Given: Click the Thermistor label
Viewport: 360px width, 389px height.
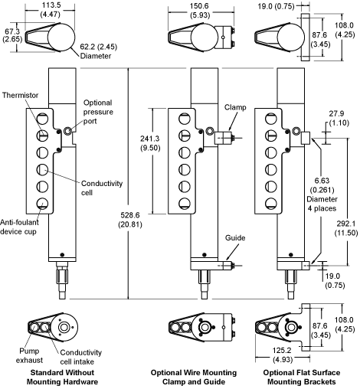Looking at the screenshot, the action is pos(20,95).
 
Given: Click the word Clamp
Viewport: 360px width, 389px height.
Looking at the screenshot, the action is pos(235,107).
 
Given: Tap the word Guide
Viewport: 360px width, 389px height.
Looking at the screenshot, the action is pos(235,238).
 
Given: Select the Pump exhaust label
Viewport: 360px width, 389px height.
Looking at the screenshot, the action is pos(29,355).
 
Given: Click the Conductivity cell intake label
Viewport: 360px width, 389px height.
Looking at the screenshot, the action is pos(80,357).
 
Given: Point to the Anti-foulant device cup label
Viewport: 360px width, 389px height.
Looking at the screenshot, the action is pos(19,227).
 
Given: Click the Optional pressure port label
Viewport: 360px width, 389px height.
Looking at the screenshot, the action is pos(98,112).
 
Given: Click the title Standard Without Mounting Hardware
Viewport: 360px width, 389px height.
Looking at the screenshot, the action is pos(62,377).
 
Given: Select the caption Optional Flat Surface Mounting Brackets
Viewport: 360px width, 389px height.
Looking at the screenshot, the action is pos(302,377).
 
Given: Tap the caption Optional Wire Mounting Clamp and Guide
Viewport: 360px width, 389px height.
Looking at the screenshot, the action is pos(194,377).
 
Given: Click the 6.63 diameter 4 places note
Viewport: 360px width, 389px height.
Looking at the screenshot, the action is pos(322,194).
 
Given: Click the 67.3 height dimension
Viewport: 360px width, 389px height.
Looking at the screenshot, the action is pos(12,35).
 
